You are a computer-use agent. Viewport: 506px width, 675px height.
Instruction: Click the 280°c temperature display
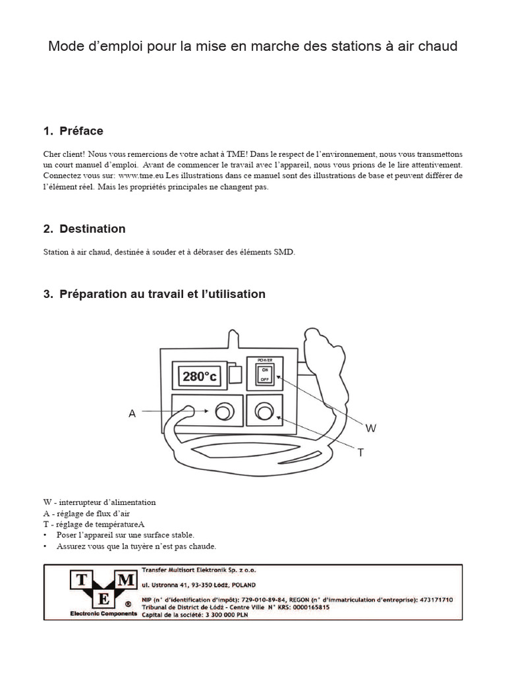pyautogui.click(x=200, y=376)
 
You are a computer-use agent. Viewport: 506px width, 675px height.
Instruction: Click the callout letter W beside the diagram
pyautogui.click(x=371, y=428)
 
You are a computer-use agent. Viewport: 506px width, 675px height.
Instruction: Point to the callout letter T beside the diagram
pyautogui.click(x=361, y=452)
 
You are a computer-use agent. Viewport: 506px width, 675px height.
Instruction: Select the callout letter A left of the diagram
pyautogui.click(x=132, y=413)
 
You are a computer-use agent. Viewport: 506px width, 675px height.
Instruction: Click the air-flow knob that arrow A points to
pyautogui.click(x=224, y=413)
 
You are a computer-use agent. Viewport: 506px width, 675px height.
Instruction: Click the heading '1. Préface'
pyautogui.click(x=73, y=131)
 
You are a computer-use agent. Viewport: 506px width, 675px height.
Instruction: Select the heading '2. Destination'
pyautogui.click(x=84, y=229)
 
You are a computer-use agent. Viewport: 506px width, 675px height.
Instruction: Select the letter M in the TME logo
pyautogui.click(x=128, y=579)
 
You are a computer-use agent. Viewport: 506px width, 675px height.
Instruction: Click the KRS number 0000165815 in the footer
pyautogui.click(x=303, y=607)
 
